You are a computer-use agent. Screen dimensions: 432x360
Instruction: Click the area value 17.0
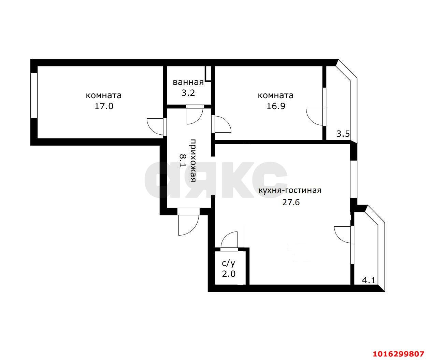[x=104, y=106]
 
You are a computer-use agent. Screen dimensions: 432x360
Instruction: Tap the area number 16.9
[x=276, y=106]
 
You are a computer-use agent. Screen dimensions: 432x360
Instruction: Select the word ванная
[x=188, y=82]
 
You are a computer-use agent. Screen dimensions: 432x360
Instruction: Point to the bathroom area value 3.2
[x=188, y=93]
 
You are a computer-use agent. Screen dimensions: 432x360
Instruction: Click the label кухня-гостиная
[x=290, y=190]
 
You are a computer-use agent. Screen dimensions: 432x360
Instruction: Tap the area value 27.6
[x=291, y=202]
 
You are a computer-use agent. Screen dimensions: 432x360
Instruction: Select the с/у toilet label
[x=229, y=263]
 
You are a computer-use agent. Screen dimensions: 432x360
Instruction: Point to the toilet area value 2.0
[x=229, y=274]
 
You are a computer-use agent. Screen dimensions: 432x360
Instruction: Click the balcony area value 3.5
[x=343, y=134]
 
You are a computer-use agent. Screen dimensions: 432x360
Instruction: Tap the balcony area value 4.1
[x=369, y=281]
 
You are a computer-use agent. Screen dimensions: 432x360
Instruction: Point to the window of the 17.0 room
[x=34, y=96]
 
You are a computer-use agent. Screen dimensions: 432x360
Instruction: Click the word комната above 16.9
[x=276, y=95]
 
